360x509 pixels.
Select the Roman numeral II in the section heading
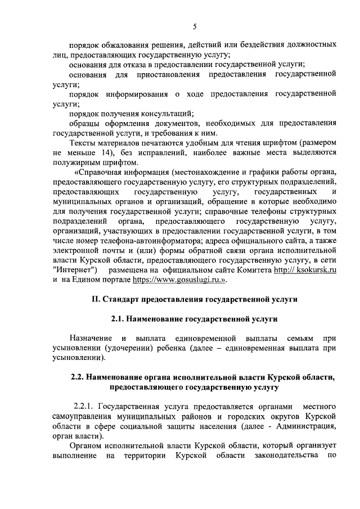click(x=95, y=299)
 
